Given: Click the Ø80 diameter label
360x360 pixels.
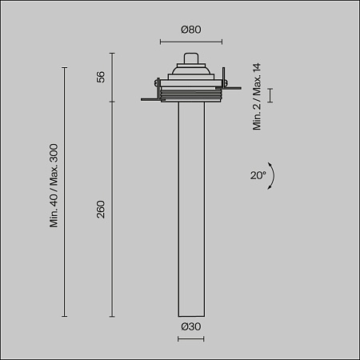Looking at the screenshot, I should point(190,30).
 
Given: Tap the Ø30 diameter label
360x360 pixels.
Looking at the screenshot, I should point(190,326).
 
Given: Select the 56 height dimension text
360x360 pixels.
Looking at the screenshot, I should point(101,77).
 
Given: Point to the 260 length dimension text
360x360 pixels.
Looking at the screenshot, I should point(101,210).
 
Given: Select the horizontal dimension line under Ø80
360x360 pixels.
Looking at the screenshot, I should point(190,41).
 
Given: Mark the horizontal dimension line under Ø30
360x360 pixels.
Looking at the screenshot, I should point(190,338).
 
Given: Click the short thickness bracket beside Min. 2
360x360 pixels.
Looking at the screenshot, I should point(270,95).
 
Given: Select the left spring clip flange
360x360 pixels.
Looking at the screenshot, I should point(150,99).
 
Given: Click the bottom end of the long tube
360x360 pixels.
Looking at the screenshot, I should point(190,316).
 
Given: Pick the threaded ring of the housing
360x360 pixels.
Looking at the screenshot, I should point(190,95).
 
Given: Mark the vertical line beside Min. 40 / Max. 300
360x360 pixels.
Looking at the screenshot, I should point(65,192).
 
